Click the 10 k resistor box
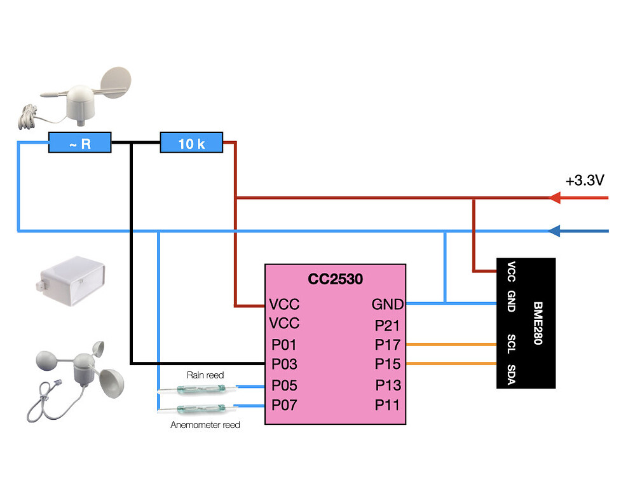click(x=191, y=143)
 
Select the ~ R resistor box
click(x=80, y=143)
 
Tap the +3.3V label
click(x=584, y=181)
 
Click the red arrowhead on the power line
click(x=554, y=198)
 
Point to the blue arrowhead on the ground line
click(x=554, y=231)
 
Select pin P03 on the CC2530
click(x=284, y=364)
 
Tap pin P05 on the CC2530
click(x=284, y=385)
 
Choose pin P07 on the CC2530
click(x=284, y=404)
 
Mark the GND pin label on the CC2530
click(x=387, y=305)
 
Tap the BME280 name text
click(x=537, y=323)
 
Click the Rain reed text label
click(x=205, y=375)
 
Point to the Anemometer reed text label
click(x=205, y=424)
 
